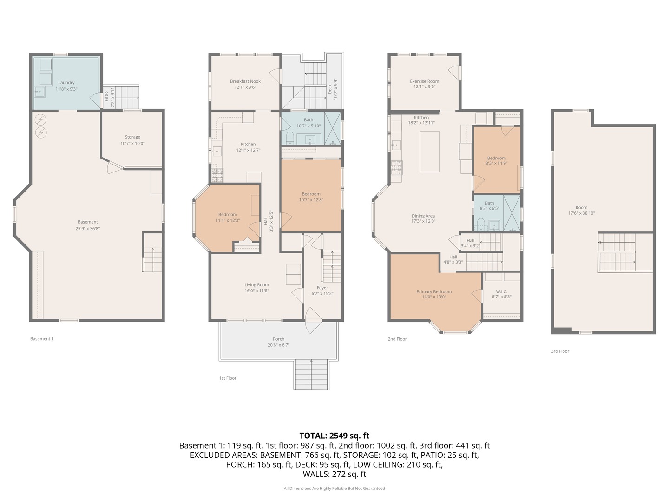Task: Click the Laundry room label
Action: pyautogui.click(x=66, y=82)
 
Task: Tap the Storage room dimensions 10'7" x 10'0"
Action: pyautogui.click(x=132, y=143)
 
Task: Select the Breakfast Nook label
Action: pyautogui.click(x=245, y=81)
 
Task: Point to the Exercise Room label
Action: pyautogui.click(x=424, y=81)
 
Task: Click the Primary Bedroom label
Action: pyautogui.click(x=434, y=291)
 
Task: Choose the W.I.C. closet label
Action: pyautogui.click(x=501, y=291)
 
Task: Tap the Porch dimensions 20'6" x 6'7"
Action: pyautogui.click(x=278, y=345)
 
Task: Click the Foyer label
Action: pyautogui.click(x=322, y=287)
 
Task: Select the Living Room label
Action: pyautogui.click(x=256, y=284)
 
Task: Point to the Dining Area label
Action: pyautogui.click(x=423, y=216)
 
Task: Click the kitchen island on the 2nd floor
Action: pyautogui.click(x=430, y=152)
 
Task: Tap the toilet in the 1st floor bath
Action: pyautogui.click(x=290, y=138)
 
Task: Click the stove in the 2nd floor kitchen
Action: pyautogui.click(x=397, y=167)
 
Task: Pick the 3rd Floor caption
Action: pyautogui.click(x=560, y=351)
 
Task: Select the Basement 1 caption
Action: pyautogui.click(x=42, y=339)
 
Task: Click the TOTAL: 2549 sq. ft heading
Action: pyautogui.click(x=334, y=436)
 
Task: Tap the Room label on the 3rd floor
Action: pyautogui.click(x=581, y=207)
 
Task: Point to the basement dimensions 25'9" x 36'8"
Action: pyautogui.click(x=88, y=228)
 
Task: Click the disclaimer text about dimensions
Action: pyautogui.click(x=334, y=488)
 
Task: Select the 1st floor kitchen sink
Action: pyautogui.click(x=216, y=151)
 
